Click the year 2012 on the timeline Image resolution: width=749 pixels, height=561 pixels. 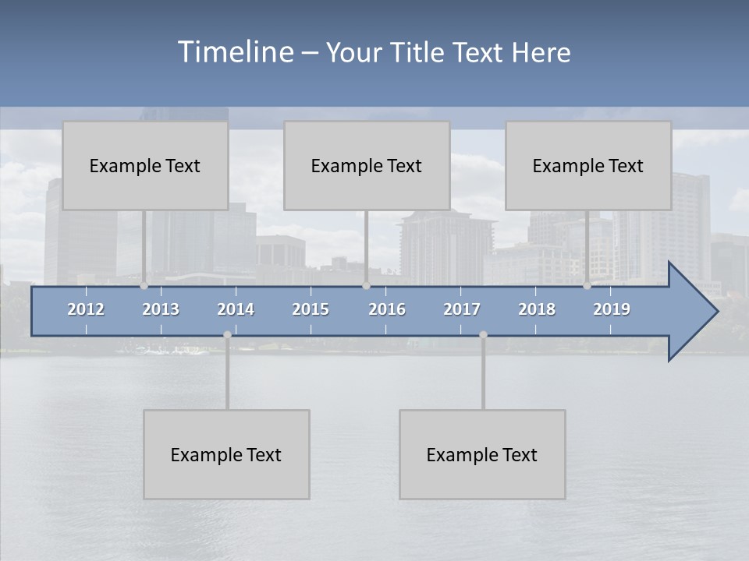(86, 309)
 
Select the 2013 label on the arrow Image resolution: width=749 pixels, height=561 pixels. (161, 309)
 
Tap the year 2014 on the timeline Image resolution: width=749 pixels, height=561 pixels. (236, 309)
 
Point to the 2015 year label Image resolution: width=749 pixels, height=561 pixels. (311, 309)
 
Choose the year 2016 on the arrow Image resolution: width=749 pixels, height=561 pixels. (387, 309)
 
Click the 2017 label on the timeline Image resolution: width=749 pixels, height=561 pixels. (462, 309)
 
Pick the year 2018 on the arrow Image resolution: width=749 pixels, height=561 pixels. (537, 309)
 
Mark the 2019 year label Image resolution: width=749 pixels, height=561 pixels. (612, 309)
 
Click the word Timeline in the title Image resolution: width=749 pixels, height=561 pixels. (235, 51)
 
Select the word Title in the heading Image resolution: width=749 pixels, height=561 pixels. (418, 52)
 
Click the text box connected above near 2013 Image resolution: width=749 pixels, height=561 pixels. (145, 165)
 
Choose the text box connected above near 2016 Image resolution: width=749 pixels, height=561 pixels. (367, 165)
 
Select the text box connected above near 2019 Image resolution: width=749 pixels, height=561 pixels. (588, 165)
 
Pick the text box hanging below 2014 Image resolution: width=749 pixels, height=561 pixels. (226, 454)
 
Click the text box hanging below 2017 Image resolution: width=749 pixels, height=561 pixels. (482, 454)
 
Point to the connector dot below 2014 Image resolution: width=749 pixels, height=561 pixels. (227, 335)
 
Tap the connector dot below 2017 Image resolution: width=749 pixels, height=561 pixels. (483, 335)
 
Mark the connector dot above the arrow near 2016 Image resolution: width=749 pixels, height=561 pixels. (366, 286)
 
